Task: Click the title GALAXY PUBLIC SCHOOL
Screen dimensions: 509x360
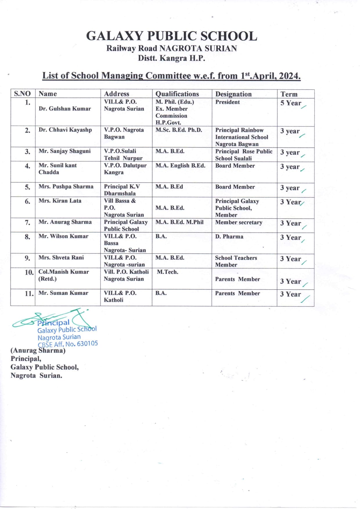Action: (172, 36)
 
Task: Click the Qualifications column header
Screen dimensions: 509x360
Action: (177, 94)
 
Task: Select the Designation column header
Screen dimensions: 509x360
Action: (233, 94)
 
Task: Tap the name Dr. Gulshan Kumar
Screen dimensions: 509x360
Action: (65, 109)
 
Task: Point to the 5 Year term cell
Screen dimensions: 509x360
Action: (291, 103)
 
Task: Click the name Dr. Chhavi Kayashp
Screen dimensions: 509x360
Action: (65, 130)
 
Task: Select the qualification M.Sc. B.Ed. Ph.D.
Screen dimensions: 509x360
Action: (179, 130)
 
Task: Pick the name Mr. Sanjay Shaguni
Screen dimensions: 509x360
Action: (64, 151)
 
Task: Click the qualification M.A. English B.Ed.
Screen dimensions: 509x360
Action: (180, 166)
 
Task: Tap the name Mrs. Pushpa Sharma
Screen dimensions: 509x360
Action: (66, 186)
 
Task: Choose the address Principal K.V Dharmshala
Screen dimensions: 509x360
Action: (122, 190)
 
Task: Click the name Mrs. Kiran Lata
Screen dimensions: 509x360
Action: (60, 201)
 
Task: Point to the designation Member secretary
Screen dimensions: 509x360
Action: (239, 222)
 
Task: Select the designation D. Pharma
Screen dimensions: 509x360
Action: (229, 237)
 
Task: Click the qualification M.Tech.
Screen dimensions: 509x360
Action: (168, 272)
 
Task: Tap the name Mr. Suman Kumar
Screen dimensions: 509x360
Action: (63, 293)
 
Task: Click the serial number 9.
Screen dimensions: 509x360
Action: (28, 258)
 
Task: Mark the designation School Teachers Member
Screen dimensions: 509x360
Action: (236, 261)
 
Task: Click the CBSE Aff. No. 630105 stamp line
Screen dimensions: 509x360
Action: (68, 344)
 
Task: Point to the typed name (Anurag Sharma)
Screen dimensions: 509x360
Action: (38, 350)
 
